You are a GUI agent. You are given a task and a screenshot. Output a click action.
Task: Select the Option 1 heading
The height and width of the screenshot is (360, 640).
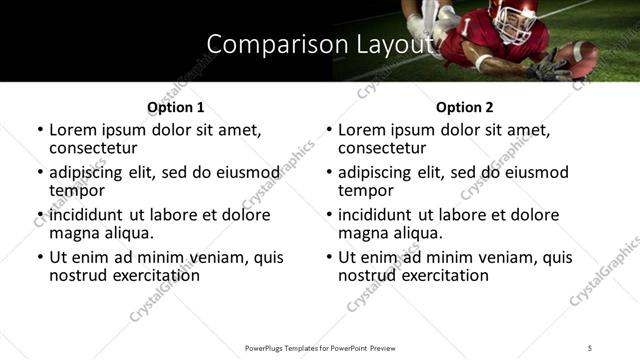tap(175, 107)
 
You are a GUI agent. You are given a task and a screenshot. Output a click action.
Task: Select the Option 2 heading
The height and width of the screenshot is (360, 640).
tap(464, 107)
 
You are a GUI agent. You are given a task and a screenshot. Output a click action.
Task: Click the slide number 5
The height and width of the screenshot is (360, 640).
tap(590, 348)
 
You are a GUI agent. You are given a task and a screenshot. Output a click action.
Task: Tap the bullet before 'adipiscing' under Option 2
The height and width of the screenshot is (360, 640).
tap(329, 173)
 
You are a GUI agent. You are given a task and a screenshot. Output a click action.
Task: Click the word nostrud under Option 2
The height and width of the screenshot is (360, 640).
tap(367, 275)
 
